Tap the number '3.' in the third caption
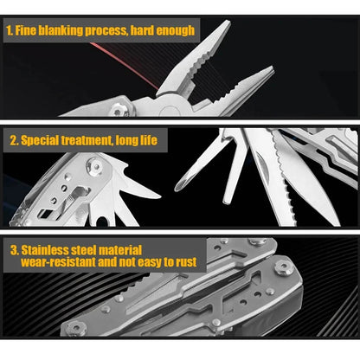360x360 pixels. pyautogui.click(x=14, y=249)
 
